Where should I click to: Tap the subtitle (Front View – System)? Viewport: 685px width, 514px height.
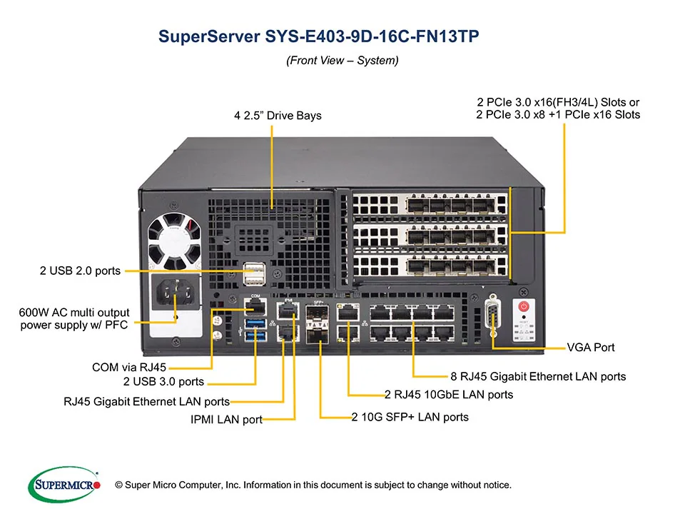(x=342, y=61)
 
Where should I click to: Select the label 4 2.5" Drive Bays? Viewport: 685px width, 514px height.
(x=278, y=115)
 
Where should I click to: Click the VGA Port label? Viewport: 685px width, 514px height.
(x=590, y=348)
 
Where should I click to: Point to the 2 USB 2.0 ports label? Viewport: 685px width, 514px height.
(x=80, y=271)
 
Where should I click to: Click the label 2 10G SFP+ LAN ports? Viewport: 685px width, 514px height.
(x=410, y=417)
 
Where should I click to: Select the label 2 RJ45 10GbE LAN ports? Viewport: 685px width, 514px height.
(x=448, y=394)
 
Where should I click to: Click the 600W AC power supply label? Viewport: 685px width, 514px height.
(x=75, y=319)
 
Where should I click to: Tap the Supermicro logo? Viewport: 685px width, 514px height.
(x=64, y=485)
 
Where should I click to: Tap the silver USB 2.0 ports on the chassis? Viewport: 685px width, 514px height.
(x=253, y=273)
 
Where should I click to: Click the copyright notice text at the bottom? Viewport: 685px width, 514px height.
(x=313, y=485)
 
